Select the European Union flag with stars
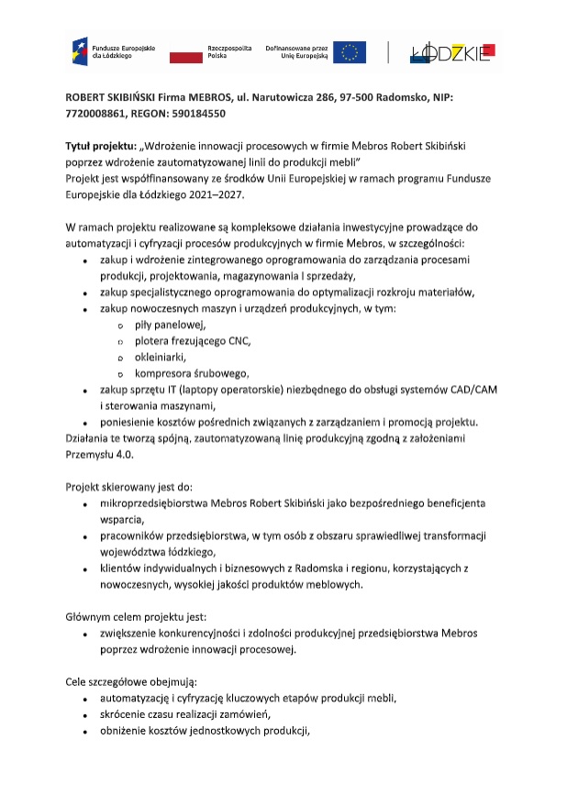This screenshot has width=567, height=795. tap(350, 52)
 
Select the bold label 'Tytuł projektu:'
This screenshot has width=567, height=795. tap(100, 147)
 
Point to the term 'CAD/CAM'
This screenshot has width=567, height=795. tap(472, 390)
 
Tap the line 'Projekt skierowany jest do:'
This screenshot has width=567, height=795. tap(128, 486)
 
